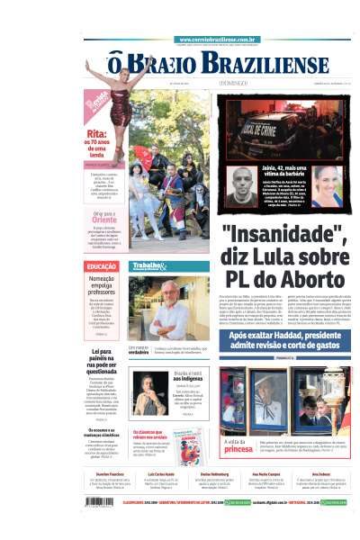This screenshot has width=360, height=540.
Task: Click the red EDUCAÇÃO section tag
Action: [100, 267]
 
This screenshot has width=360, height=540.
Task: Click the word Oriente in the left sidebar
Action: [104, 219]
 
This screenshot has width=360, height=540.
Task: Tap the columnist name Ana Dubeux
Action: [320, 472]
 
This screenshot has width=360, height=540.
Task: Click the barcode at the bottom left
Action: [102, 504]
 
